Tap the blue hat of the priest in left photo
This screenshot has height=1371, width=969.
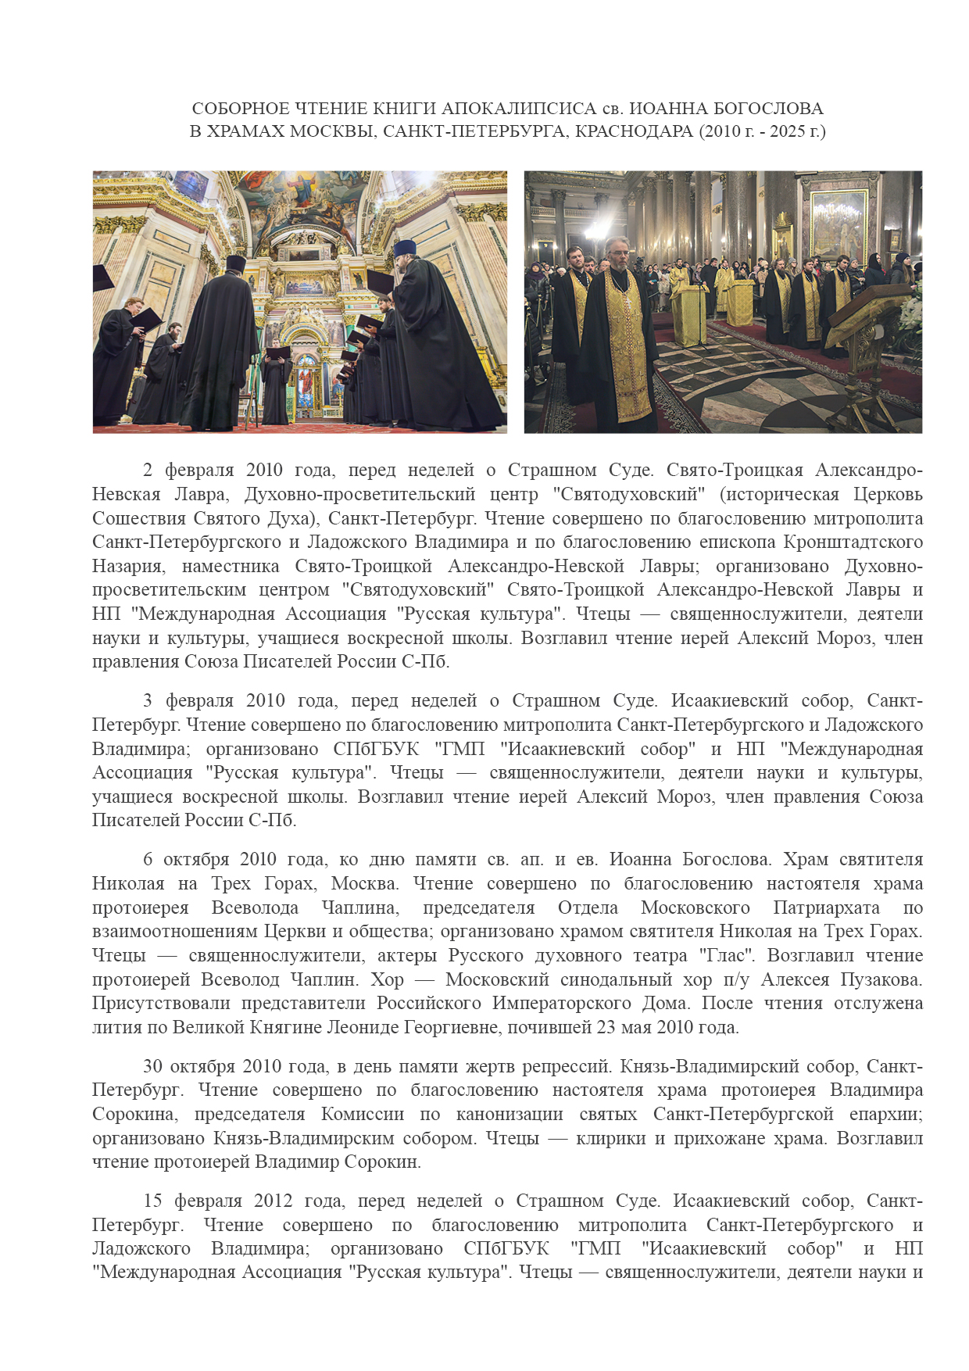pos(404,249)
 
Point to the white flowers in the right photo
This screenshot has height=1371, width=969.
pos(911,313)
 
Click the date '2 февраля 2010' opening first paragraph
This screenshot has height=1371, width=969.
pos(213,471)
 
